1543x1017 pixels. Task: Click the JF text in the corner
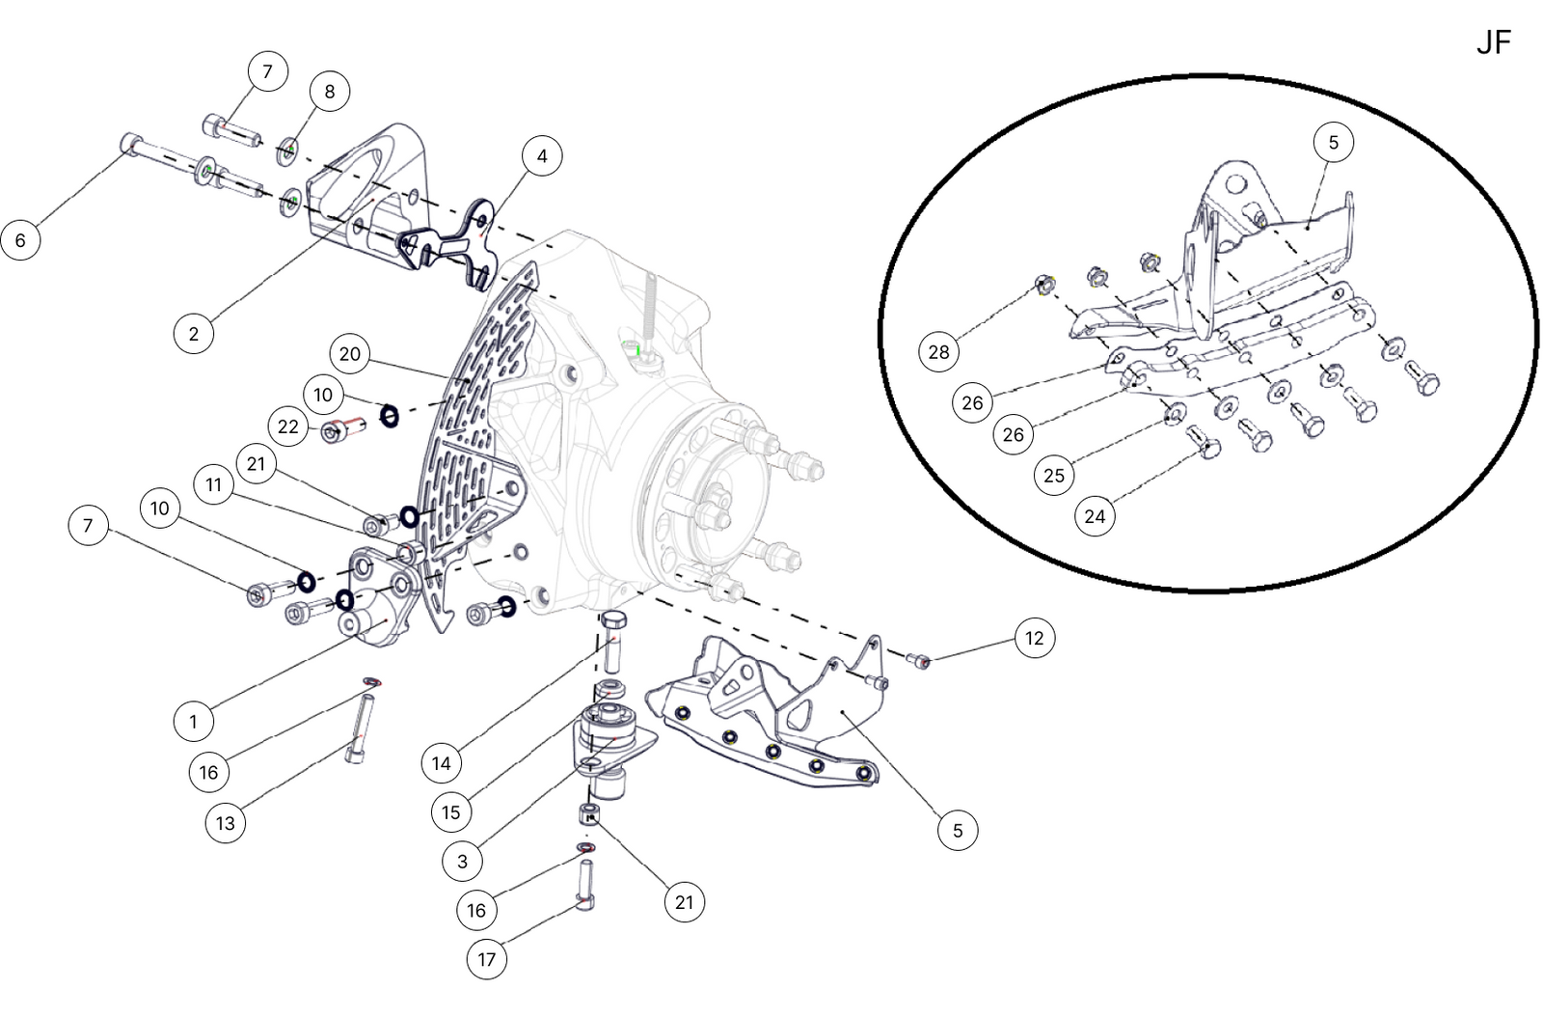tap(1493, 43)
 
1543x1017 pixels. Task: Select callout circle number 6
tap(20, 239)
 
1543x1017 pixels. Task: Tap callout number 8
tap(330, 92)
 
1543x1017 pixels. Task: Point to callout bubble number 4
tap(542, 156)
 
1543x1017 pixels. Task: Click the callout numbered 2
tap(194, 334)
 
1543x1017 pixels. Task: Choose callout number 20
tap(350, 355)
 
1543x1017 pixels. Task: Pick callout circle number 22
tap(288, 426)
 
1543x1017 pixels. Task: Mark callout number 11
tap(214, 484)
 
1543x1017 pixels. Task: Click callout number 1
tap(193, 721)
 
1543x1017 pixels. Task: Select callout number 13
tap(225, 823)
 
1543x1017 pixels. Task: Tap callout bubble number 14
tap(441, 763)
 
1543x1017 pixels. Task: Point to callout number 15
tap(451, 812)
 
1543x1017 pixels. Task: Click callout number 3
tap(462, 861)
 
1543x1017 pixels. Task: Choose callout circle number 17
tap(487, 959)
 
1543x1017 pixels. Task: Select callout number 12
tap(1034, 638)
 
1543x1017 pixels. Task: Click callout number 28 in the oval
tap(938, 352)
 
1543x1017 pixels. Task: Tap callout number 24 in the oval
tap(1095, 516)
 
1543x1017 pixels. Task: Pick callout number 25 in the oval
tap(1054, 475)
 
